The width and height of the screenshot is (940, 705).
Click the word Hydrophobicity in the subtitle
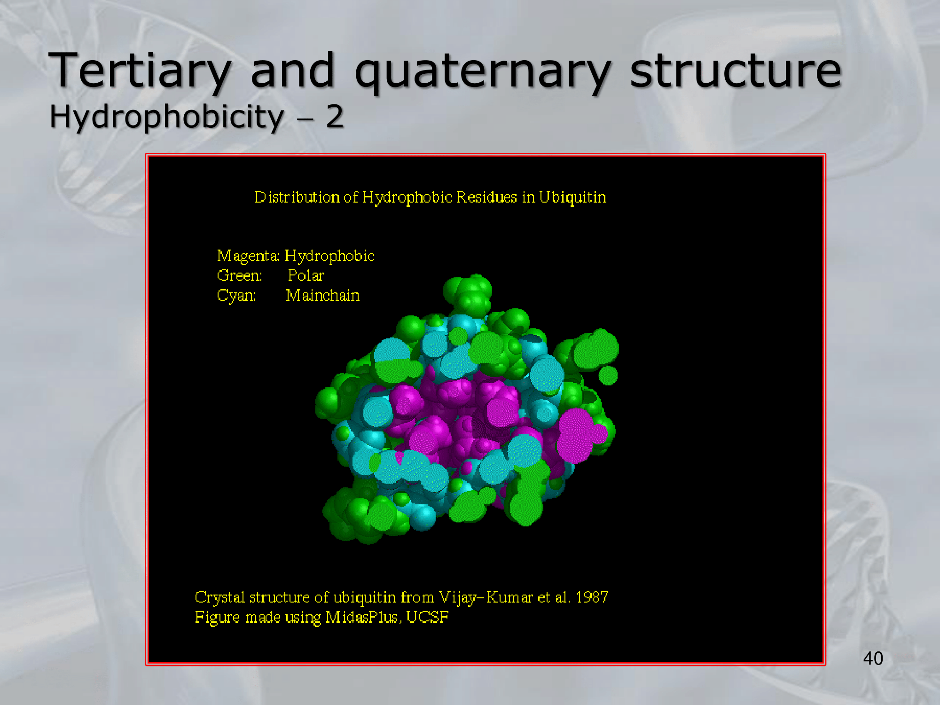tap(167, 117)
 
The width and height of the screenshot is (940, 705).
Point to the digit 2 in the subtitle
tap(335, 117)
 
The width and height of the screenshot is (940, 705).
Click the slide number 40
tap(873, 658)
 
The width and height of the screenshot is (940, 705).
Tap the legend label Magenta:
tap(248, 256)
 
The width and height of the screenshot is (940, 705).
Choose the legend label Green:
tap(239, 275)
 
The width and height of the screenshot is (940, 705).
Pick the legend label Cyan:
tap(236, 296)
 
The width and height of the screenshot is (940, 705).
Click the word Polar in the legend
tap(306, 275)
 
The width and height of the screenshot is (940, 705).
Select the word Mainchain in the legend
tap(323, 295)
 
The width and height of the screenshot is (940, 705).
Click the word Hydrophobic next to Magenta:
tap(329, 256)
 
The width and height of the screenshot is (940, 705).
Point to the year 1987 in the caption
tap(592, 597)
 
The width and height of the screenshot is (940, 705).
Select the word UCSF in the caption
tap(427, 617)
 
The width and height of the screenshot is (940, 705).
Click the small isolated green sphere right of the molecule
tap(608, 376)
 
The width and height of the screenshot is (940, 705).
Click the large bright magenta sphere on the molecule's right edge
tap(576, 435)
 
